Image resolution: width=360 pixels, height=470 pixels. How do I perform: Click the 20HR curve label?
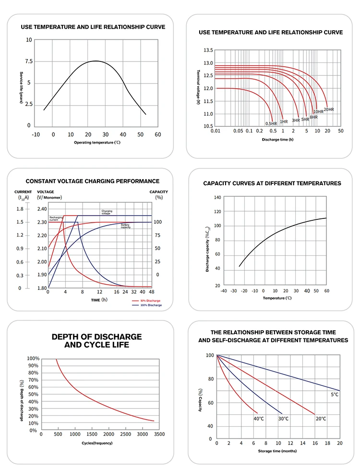coord(329,109)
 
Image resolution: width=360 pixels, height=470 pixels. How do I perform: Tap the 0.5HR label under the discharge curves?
coord(272,123)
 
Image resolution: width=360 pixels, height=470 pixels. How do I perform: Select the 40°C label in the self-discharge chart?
coord(259,419)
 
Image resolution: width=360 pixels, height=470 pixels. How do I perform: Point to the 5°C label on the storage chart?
coord(335,394)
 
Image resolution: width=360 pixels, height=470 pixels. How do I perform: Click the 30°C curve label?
coord(284,419)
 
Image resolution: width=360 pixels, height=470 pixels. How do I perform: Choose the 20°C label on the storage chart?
coord(321,419)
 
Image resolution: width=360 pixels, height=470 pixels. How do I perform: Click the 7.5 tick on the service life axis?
coord(28,61)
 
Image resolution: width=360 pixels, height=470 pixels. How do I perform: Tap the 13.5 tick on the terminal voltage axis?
coord(208,50)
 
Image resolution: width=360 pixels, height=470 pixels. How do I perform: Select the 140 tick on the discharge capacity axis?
coord(217,197)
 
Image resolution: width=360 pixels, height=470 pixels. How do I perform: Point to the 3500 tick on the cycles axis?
coord(159,434)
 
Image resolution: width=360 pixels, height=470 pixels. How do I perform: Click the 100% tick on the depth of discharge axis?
coord(33,359)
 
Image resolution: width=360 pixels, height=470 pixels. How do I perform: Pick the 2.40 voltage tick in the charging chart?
coord(42,209)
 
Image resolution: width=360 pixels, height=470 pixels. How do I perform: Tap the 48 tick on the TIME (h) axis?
coord(152,292)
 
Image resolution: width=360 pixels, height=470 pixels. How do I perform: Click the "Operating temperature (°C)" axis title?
coord(97,143)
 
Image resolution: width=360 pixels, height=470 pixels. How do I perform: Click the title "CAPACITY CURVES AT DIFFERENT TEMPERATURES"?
coord(272,183)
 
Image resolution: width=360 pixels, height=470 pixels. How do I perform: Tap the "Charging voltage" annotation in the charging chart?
coord(107,212)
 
